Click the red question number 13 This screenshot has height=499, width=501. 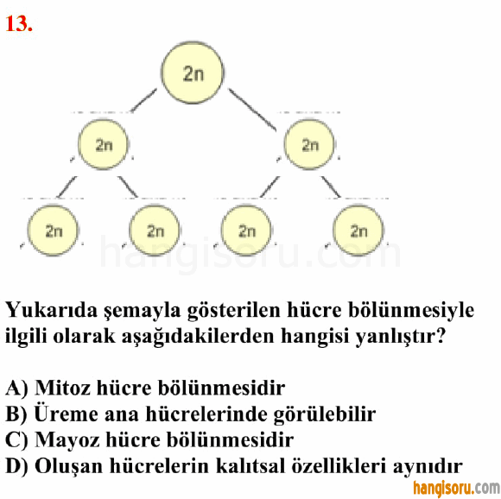(x=19, y=24)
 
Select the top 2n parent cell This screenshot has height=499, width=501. (x=193, y=73)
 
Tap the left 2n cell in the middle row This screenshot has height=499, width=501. (x=103, y=144)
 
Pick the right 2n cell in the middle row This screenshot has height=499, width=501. (x=309, y=144)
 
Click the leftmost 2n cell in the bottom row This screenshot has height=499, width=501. (x=53, y=231)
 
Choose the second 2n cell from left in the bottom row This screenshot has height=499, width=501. (x=155, y=231)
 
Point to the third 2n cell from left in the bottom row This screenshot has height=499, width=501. (x=246, y=231)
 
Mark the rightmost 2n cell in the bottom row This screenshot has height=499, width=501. (x=358, y=231)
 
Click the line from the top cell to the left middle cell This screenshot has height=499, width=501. (x=143, y=100)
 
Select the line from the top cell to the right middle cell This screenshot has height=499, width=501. (x=252, y=110)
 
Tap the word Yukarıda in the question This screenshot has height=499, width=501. (x=52, y=310)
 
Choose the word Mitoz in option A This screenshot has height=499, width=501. (x=62, y=388)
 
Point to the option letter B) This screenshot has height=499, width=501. (x=16, y=414)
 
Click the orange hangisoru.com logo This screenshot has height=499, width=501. (x=456, y=489)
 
